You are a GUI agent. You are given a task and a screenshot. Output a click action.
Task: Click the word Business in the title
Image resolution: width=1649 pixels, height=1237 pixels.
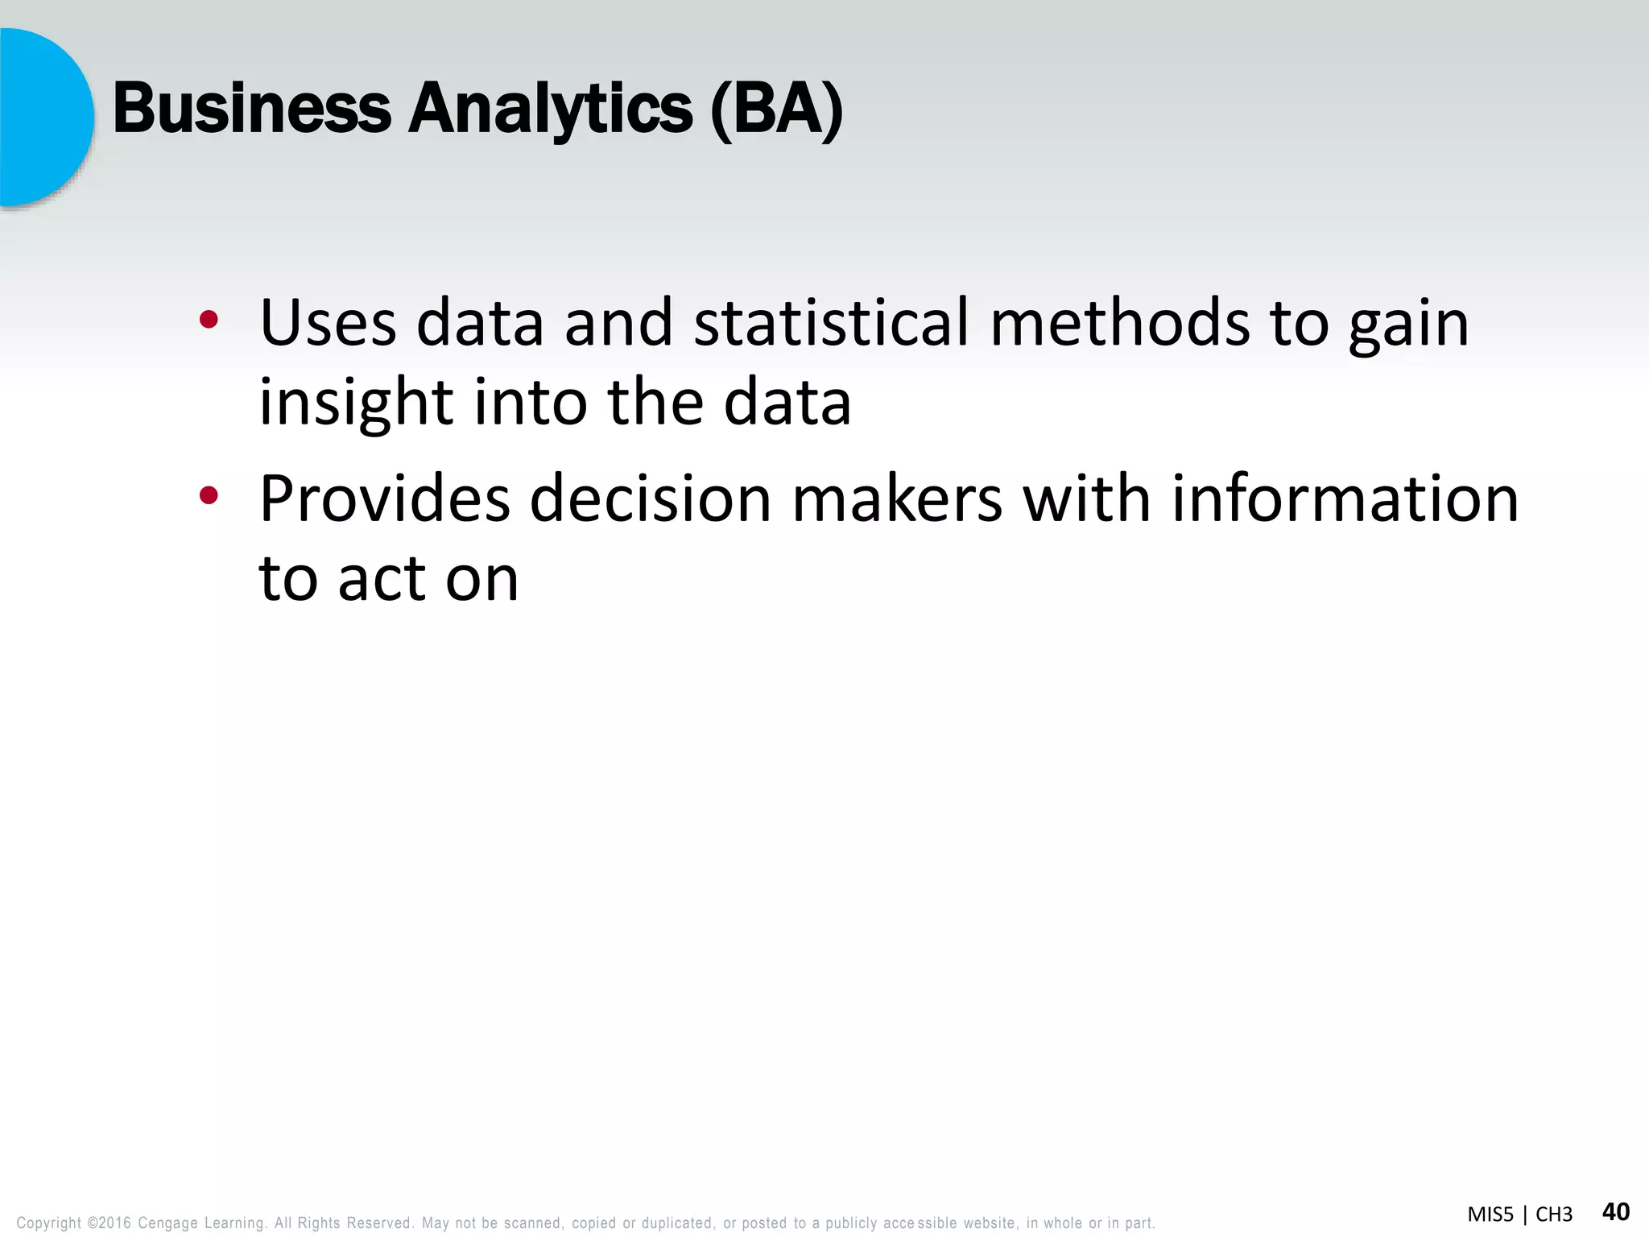point(251,110)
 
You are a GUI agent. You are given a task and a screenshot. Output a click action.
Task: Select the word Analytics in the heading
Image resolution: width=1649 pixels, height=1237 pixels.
point(550,110)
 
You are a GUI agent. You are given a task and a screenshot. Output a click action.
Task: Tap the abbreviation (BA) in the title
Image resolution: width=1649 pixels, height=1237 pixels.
point(776,110)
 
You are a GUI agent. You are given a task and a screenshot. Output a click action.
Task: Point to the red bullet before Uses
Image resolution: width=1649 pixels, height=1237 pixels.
point(209,321)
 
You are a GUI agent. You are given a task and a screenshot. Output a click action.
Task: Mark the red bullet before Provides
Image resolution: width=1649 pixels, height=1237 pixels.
point(209,496)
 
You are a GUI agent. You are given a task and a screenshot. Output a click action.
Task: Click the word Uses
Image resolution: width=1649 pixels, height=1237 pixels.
point(328,323)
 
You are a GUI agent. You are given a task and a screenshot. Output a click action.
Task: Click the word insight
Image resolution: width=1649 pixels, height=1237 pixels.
point(356,403)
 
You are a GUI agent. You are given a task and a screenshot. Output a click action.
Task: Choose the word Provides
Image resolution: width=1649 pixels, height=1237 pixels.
point(384,499)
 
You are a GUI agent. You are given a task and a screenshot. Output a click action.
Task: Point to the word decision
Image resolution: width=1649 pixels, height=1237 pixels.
point(651,499)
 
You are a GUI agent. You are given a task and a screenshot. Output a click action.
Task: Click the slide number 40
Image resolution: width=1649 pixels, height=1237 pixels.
point(1616,1212)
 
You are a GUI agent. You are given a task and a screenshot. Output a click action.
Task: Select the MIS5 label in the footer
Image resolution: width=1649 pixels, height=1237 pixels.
point(1490,1214)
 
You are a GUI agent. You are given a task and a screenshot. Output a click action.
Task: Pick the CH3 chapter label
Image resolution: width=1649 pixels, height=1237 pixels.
point(1553,1214)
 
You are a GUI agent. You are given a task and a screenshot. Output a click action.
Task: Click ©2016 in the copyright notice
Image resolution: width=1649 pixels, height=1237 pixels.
point(109,1223)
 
